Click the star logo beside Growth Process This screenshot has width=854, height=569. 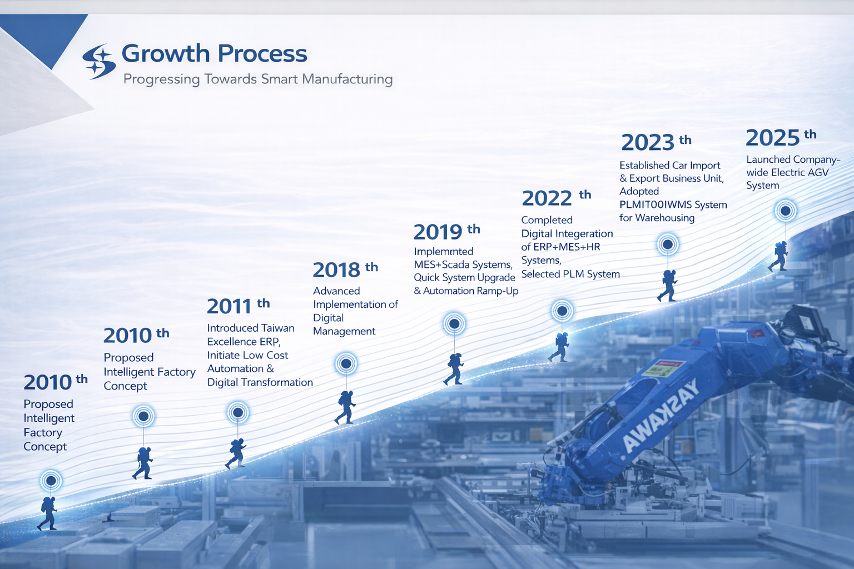99,61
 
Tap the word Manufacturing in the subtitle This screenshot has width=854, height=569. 347,79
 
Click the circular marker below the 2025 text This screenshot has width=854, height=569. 786,211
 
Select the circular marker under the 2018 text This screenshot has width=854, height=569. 346,364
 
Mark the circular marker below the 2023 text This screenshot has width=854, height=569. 668,244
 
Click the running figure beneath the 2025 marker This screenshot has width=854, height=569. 778,256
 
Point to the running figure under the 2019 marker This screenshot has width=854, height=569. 454,368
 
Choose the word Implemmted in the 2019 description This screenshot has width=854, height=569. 443,252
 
